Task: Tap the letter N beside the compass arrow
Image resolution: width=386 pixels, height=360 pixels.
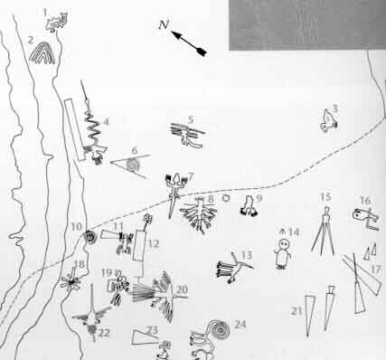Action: [x=164, y=24]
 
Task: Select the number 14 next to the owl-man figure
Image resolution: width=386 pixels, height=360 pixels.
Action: [x=294, y=232]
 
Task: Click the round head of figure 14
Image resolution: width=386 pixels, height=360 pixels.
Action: [x=284, y=243]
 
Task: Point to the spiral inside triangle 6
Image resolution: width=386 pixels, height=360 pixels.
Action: [x=133, y=165]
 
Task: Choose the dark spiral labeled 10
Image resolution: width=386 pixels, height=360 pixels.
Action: [x=89, y=237]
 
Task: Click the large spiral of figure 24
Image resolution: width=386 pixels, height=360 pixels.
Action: [x=220, y=329]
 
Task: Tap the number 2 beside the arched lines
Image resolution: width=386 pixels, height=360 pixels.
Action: [x=31, y=40]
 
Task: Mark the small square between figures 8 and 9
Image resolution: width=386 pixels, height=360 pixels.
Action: [x=225, y=198]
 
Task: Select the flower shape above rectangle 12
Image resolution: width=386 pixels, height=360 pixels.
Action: [x=147, y=218]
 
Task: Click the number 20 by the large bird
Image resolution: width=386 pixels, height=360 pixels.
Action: [x=182, y=290]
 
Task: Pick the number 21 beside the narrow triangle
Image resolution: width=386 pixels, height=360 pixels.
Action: [x=297, y=311]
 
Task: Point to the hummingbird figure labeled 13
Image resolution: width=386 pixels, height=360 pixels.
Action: [x=233, y=269]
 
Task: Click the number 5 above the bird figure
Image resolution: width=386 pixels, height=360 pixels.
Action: [x=191, y=119]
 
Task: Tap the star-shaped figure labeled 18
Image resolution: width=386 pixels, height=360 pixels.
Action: [x=71, y=282]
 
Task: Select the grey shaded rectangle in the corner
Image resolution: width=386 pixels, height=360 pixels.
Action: [x=307, y=25]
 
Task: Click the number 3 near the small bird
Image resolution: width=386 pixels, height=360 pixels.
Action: [x=334, y=109]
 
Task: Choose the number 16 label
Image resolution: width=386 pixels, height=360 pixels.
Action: [x=365, y=200]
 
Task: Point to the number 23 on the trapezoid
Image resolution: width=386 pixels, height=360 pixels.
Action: [x=152, y=330]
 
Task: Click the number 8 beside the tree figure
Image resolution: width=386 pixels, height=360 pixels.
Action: [x=211, y=199]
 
